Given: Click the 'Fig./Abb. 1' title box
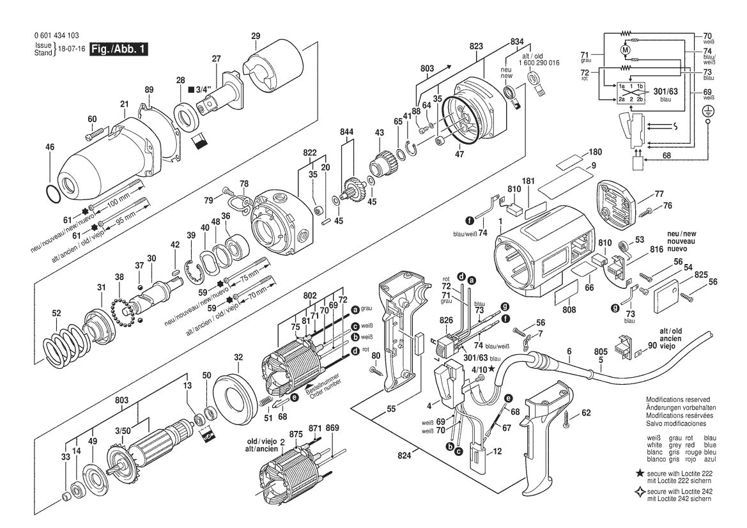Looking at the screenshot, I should pos(119,49).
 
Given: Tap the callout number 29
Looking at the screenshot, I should pos(256,36).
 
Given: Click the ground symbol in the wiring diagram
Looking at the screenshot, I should pos(707,111).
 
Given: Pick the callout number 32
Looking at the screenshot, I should pos(238,357).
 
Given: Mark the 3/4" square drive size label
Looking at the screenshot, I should pos(207,89).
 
